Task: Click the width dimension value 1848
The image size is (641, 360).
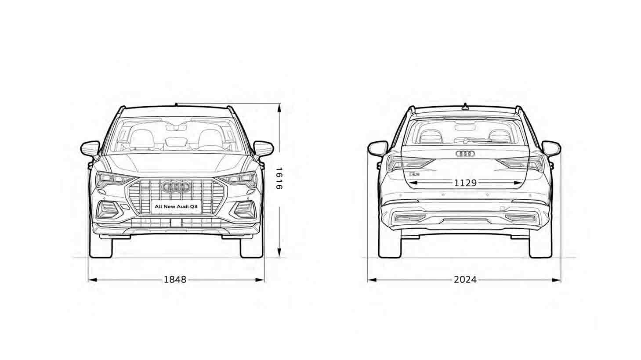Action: (175, 279)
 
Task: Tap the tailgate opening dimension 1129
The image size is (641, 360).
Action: (465, 183)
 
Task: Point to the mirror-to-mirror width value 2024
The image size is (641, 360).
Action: (465, 279)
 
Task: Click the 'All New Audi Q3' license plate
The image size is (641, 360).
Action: (176, 206)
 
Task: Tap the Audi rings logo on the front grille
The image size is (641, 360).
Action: (176, 187)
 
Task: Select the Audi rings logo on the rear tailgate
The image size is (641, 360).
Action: (465, 154)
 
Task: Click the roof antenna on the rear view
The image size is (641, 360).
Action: (465, 106)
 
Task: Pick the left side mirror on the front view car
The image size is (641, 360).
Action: (90, 149)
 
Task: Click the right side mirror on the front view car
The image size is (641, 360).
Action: (264, 149)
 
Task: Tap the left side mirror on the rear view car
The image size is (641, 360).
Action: (378, 149)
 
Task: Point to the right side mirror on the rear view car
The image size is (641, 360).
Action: (551, 149)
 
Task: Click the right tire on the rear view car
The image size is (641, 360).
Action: (540, 246)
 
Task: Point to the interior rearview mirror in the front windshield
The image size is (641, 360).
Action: (176, 127)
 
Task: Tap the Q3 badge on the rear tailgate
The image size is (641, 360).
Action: (414, 173)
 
